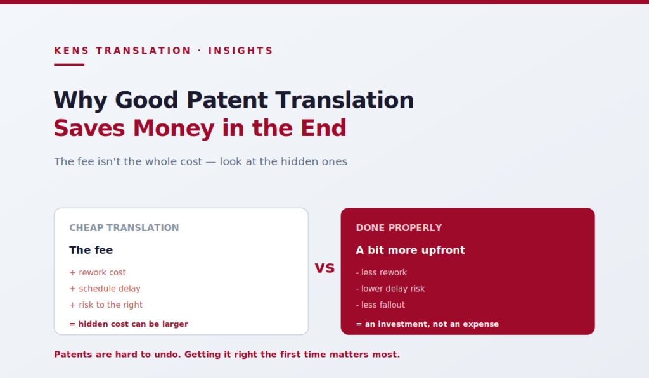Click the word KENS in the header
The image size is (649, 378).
[x=72, y=51]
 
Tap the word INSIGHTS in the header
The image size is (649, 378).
[x=240, y=51]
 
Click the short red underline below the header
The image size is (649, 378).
[x=69, y=65]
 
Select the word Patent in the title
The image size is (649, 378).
[x=228, y=100]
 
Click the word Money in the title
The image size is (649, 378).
[x=174, y=128]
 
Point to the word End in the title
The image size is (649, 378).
[x=323, y=128]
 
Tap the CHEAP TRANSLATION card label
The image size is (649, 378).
[x=124, y=228]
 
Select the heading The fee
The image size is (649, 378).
[x=91, y=250]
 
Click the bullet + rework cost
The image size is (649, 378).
[x=98, y=272]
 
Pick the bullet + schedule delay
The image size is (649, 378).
[x=105, y=289]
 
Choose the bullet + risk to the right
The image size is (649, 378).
[x=106, y=305]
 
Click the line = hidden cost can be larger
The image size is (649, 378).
[x=129, y=324]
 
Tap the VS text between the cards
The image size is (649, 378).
[x=324, y=268]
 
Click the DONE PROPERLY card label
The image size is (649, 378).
[x=399, y=228]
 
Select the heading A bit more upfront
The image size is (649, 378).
[x=411, y=250]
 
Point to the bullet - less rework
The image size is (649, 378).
[x=382, y=272]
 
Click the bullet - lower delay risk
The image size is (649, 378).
[x=390, y=289]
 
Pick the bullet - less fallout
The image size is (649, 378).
[x=380, y=305]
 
